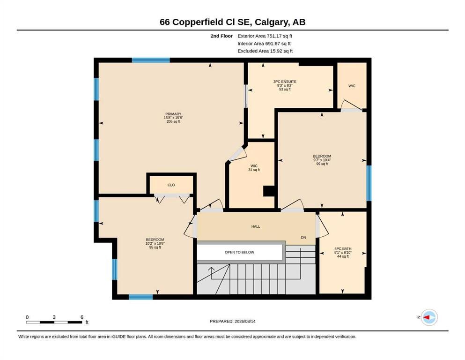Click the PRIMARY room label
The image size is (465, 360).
click(x=173, y=114)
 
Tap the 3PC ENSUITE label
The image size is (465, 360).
click(x=285, y=82)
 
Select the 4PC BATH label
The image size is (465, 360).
click(x=343, y=249)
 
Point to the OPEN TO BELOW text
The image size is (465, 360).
click(x=239, y=252)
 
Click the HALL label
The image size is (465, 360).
click(x=256, y=226)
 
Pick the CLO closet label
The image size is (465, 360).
click(x=171, y=185)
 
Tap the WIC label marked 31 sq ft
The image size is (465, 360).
click(x=254, y=166)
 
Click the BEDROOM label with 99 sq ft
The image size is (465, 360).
click(x=322, y=156)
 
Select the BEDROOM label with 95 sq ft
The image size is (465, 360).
click(x=155, y=240)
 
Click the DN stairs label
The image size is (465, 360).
click(x=303, y=238)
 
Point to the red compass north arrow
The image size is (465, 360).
click(x=427, y=317)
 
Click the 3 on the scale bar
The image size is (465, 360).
click(x=54, y=317)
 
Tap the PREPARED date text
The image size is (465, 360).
click(x=232, y=321)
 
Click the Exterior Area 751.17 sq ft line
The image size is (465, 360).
click(x=265, y=36)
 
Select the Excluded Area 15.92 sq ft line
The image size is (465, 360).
click(x=265, y=51)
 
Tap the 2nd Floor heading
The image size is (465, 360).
click(x=221, y=36)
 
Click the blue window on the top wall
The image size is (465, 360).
click(x=151, y=60)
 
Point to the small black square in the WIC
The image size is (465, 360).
click(x=269, y=191)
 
